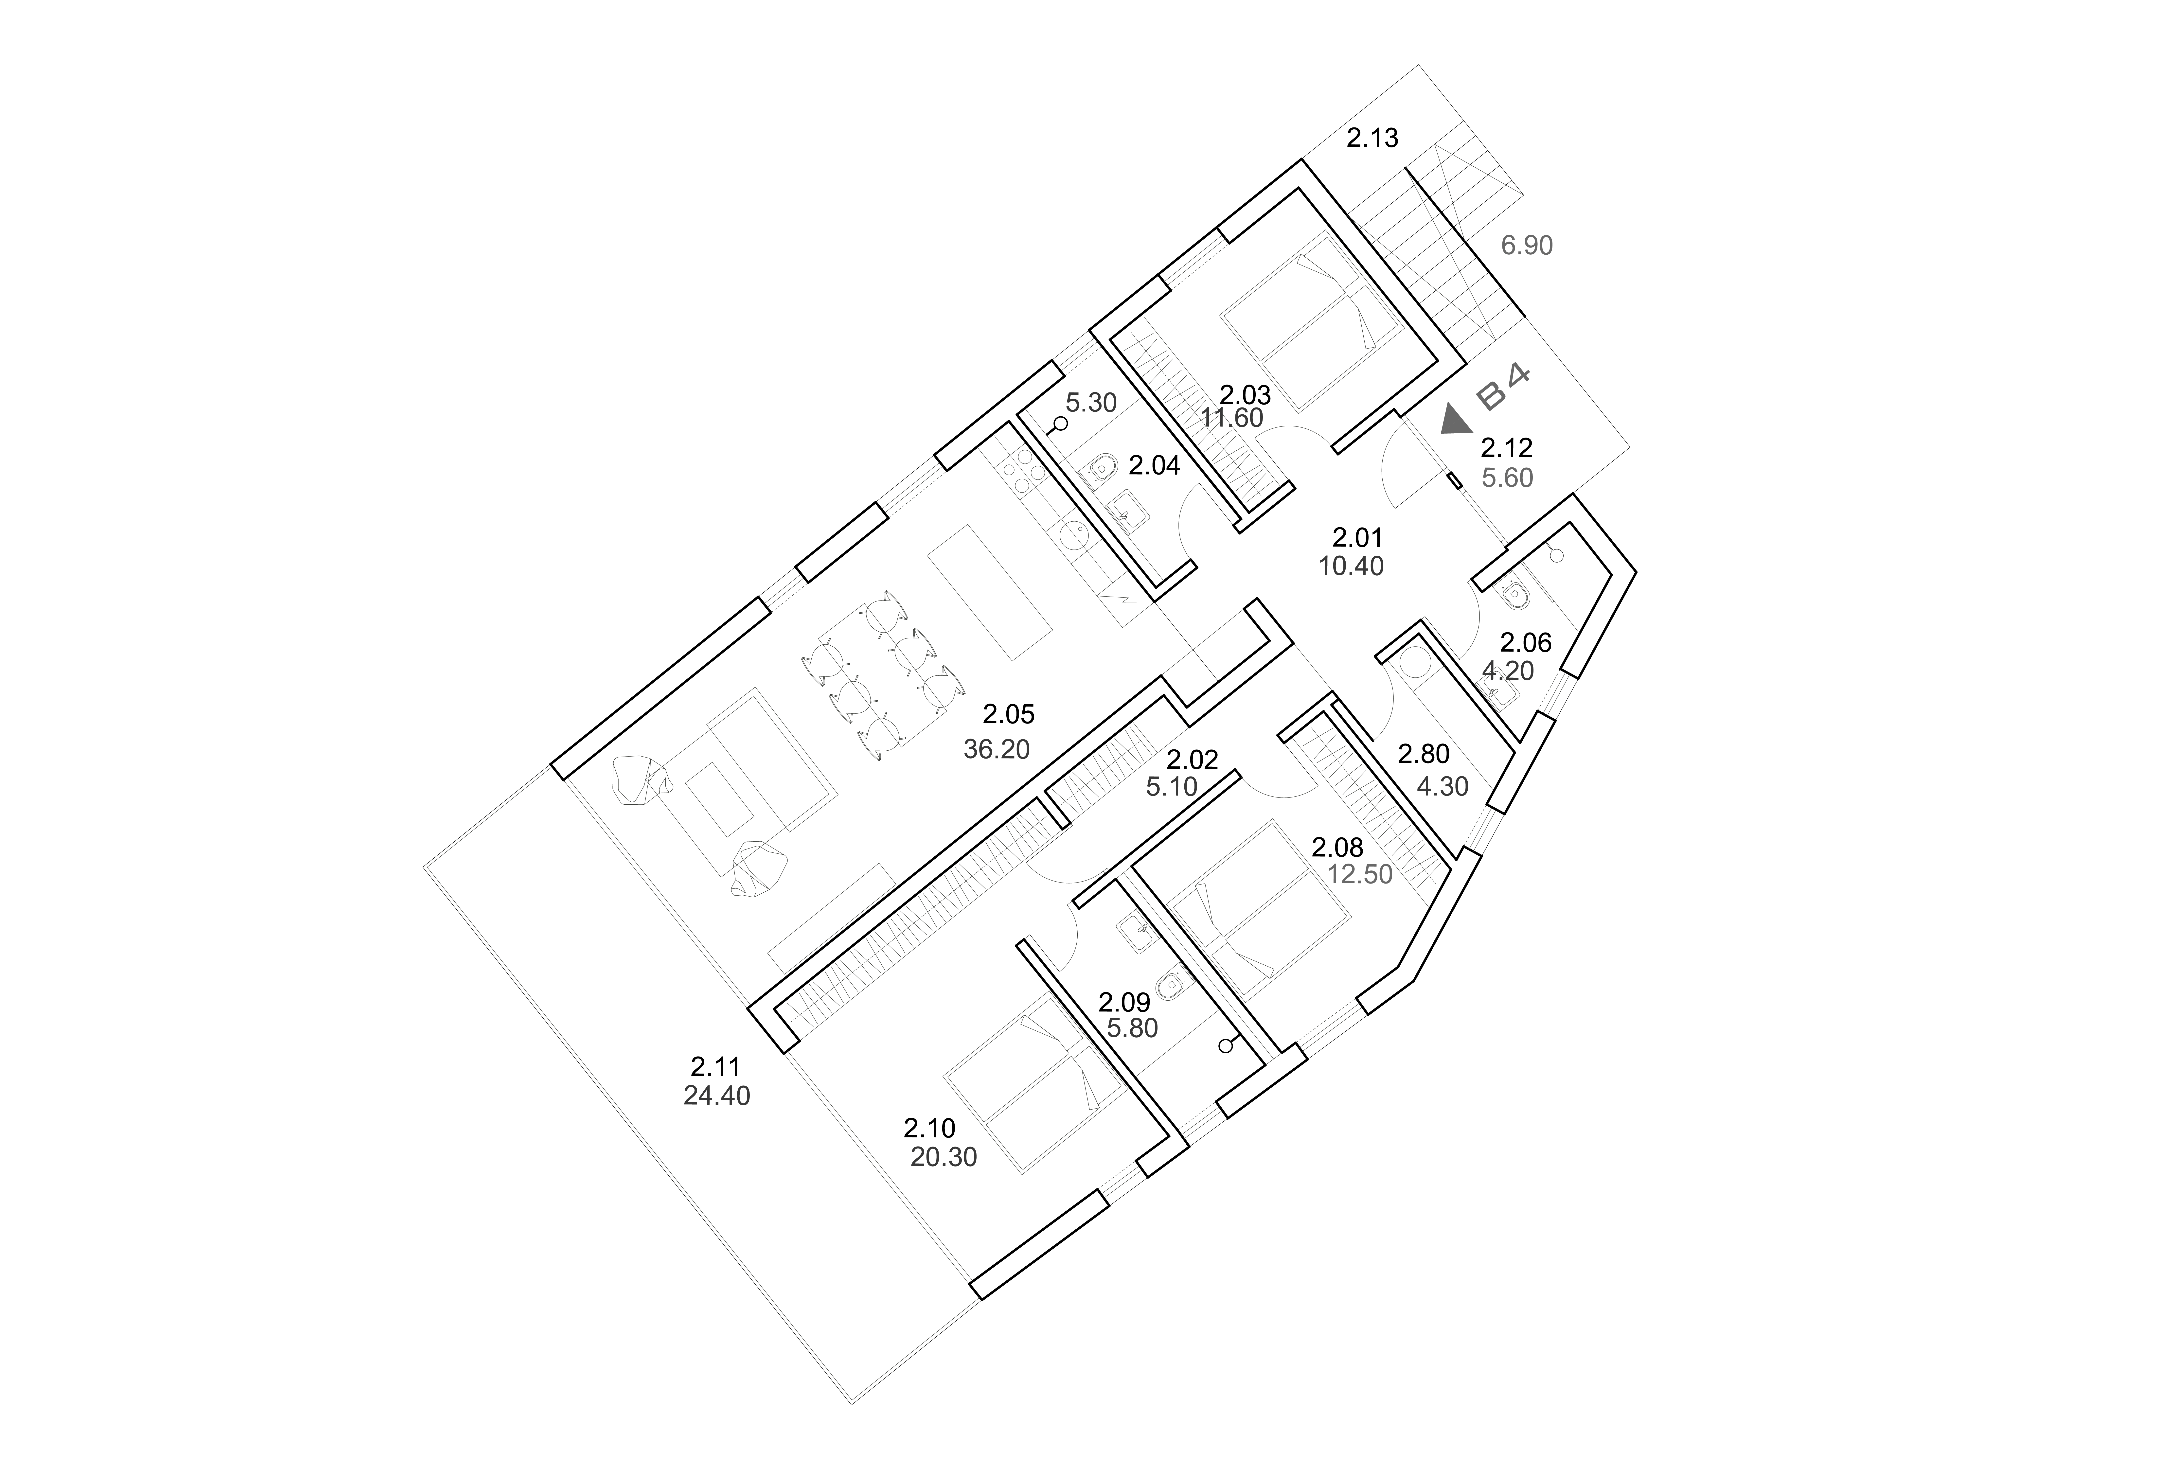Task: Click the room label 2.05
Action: click(1009, 715)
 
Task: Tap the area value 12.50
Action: click(1359, 875)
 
